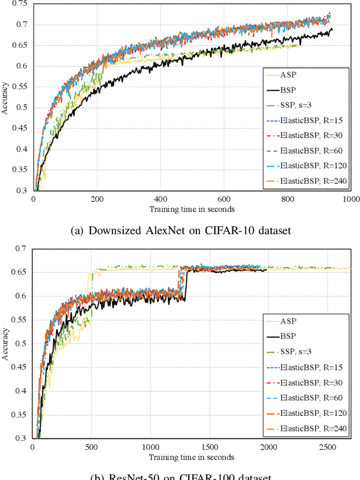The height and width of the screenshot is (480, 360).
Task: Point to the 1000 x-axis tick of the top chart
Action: coord(351,199)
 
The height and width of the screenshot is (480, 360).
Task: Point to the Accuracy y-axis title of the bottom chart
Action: coord(5,343)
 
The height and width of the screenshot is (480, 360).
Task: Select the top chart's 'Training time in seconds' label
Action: coord(192,209)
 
